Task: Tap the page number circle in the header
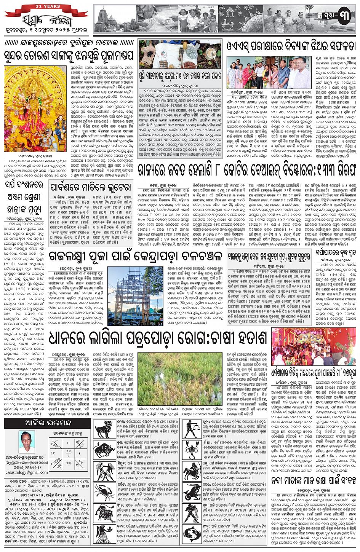(x=344, y=17)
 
